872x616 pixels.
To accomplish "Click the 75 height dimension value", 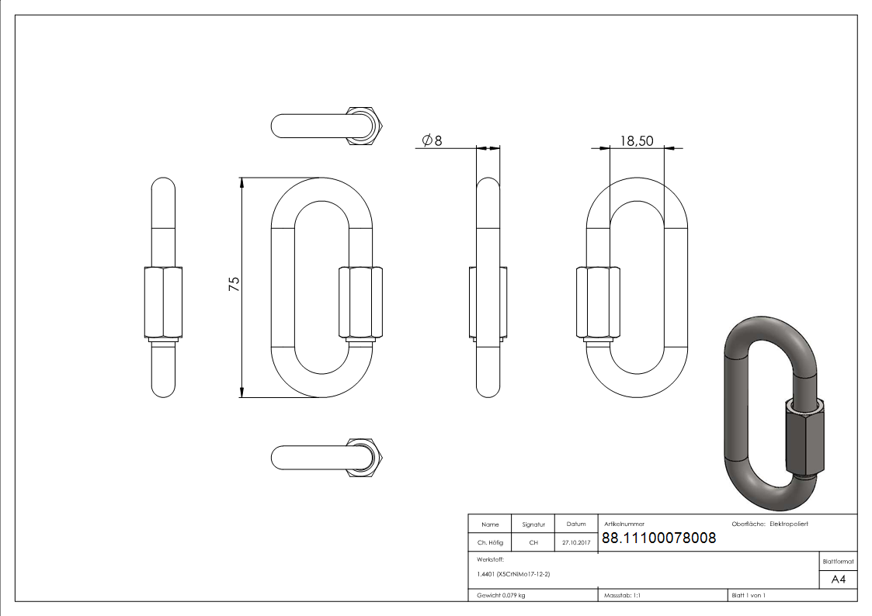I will [233, 284].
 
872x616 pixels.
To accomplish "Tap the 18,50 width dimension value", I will [637, 140].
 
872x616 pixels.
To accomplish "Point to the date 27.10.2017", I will [575, 543].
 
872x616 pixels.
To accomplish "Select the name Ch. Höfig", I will [490, 543].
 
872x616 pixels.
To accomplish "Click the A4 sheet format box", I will [838, 580].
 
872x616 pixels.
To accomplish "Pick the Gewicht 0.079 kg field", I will [501, 596].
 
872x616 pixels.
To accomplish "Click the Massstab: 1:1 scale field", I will [622, 596].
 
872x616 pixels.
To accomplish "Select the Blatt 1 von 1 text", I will [749, 596].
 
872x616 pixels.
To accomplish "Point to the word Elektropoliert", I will [789, 524].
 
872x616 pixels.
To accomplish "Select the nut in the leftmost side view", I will [163, 303].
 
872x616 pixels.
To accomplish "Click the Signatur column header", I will [533, 524].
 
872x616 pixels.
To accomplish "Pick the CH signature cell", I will [533, 543].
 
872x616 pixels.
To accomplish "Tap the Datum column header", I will [575, 524].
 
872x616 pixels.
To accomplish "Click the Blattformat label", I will [838, 561].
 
